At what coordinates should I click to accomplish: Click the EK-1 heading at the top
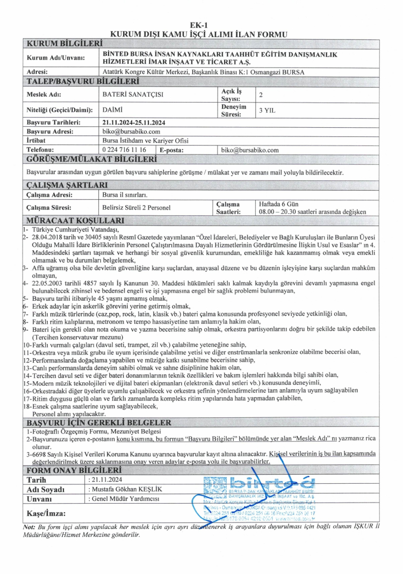pyautogui.click(x=201, y=25)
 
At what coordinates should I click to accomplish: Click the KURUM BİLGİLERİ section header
pyautogui.click(x=64, y=42)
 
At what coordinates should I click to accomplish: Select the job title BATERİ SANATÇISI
pyautogui.click(x=133, y=95)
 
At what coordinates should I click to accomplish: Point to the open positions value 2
pyautogui.click(x=261, y=95)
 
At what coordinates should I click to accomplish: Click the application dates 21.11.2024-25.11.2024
pyautogui.click(x=134, y=122)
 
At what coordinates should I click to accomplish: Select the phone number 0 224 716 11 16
pyautogui.click(x=124, y=150)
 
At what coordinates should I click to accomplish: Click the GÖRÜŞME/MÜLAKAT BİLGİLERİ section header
pyautogui.click(x=91, y=159)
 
